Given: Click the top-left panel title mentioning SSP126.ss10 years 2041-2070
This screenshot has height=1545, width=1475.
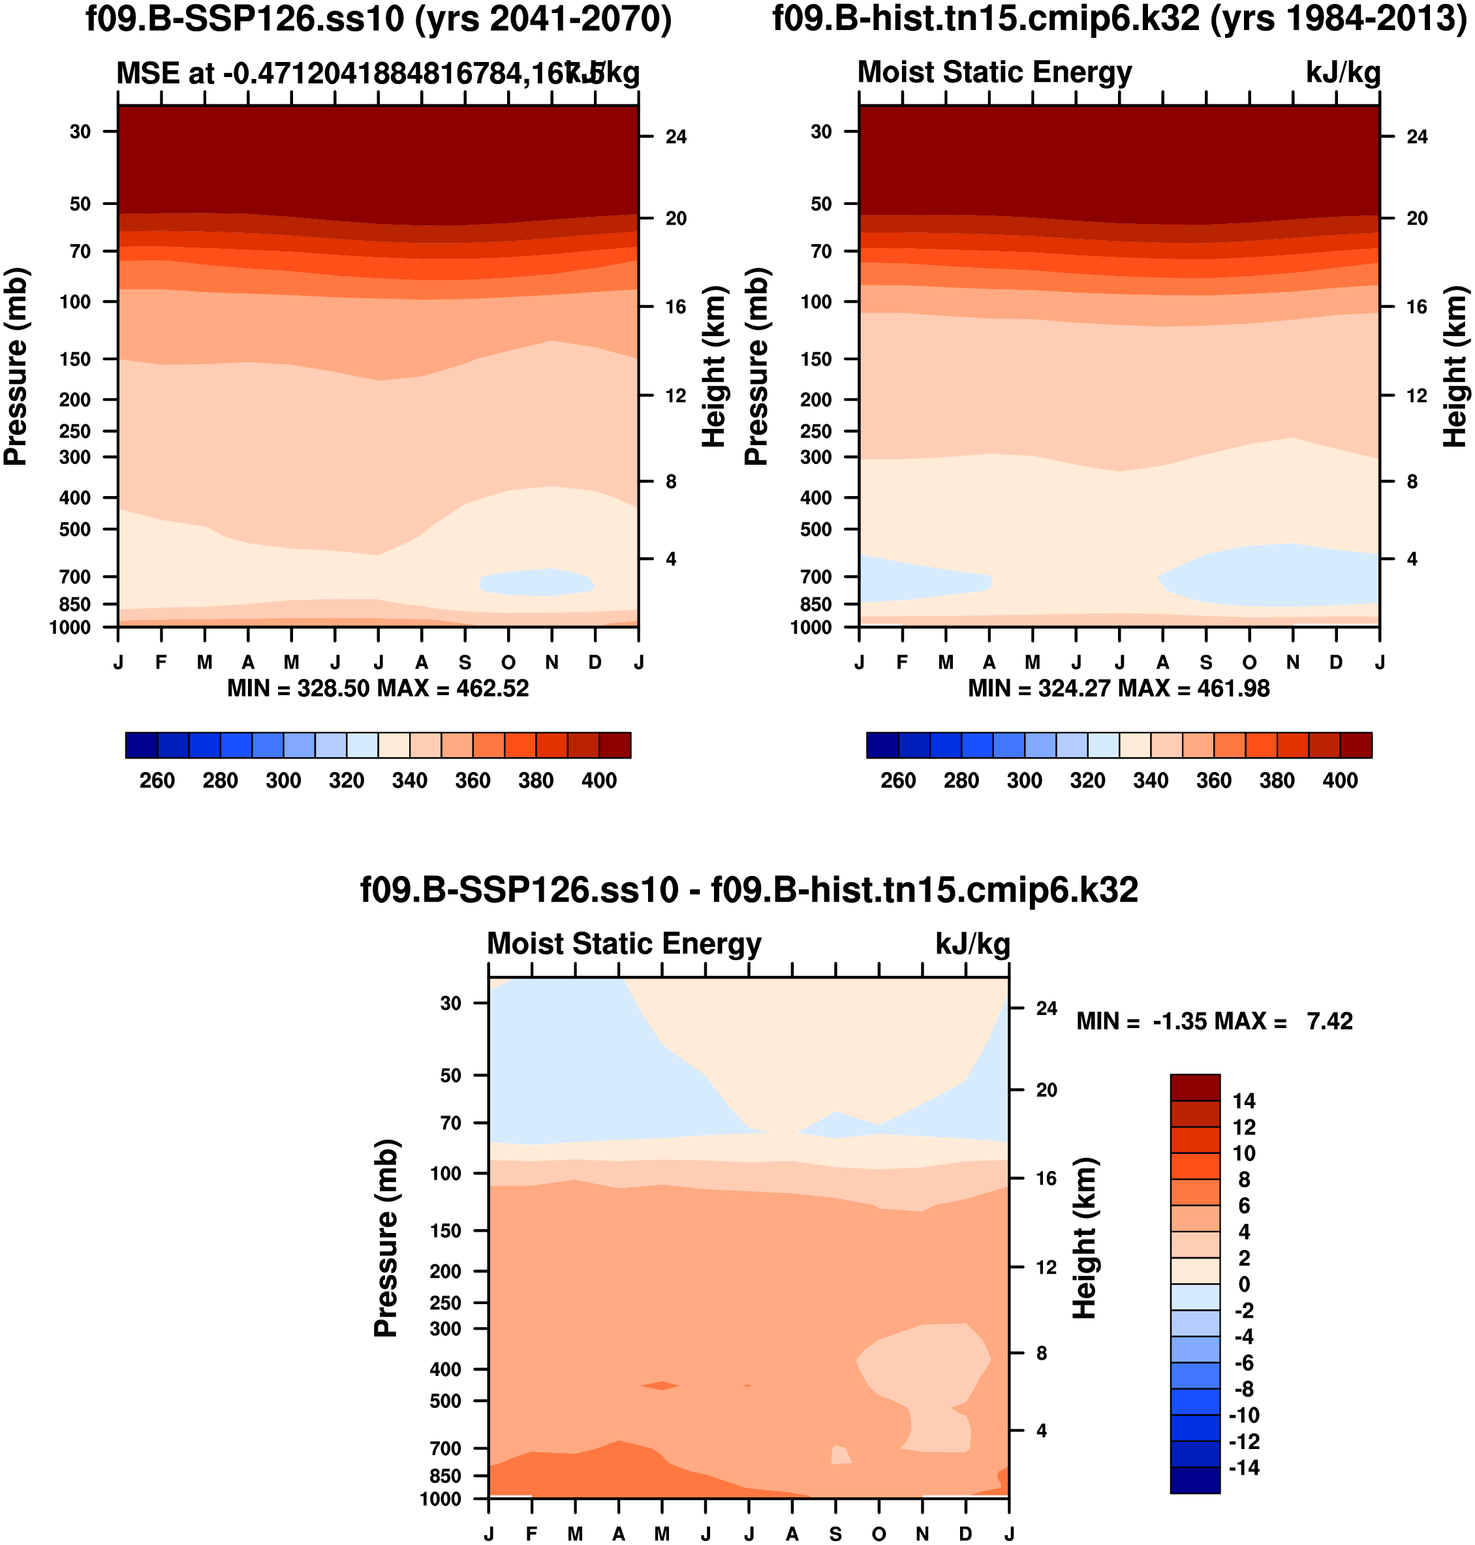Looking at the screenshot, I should [x=378, y=19].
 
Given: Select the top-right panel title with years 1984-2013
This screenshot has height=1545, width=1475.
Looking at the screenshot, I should [x=1119, y=19].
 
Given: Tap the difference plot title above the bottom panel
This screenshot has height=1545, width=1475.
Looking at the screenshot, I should [x=749, y=890].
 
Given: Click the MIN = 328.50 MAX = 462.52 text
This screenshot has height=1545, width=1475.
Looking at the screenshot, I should [x=378, y=689].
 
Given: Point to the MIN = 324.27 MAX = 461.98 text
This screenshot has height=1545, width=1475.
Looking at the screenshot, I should [x=1119, y=689].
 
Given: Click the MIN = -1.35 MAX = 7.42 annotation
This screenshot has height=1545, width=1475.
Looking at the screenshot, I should [x=1214, y=1022].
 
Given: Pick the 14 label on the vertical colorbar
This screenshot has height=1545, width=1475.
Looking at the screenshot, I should [x=1244, y=1100].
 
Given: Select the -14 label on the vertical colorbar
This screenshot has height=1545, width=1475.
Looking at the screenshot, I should [x=1244, y=1467].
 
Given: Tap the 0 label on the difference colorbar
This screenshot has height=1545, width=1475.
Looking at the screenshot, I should [x=1244, y=1284].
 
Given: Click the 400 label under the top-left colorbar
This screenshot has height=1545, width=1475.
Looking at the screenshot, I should [x=599, y=781].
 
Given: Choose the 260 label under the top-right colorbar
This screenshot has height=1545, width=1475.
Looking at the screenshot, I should [x=898, y=781].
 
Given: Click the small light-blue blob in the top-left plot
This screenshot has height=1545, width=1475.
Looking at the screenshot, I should [x=537, y=582].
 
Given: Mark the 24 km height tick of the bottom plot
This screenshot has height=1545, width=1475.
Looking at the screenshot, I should [x=1046, y=1008].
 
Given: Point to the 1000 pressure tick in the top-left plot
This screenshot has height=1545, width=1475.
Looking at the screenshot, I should [x=70, y=627].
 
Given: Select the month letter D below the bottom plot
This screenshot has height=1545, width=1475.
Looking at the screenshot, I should [x=965, y=1534].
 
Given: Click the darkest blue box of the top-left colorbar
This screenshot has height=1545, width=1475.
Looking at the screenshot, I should [x=142, y=745].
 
